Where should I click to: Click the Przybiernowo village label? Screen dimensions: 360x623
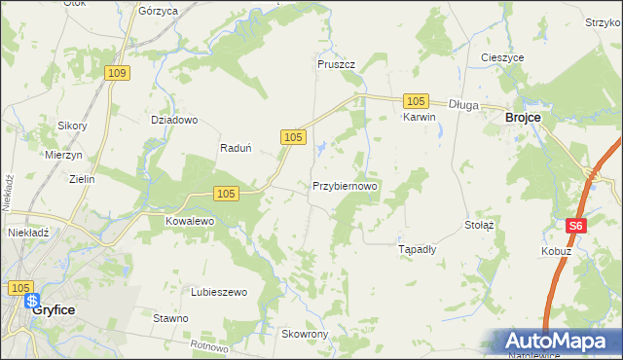345,185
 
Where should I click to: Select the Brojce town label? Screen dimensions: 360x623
523,117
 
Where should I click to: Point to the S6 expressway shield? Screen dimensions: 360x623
576,226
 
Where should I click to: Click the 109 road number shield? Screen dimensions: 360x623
118,74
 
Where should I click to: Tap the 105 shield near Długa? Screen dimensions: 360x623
416,101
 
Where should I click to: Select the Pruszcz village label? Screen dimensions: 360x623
336,64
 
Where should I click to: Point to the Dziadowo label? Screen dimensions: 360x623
174,121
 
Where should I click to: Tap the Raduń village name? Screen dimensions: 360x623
237,149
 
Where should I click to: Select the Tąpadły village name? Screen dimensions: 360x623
418,249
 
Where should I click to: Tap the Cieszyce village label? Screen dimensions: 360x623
502,57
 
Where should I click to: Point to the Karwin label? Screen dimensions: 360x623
419,117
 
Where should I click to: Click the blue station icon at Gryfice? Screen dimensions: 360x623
32,301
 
